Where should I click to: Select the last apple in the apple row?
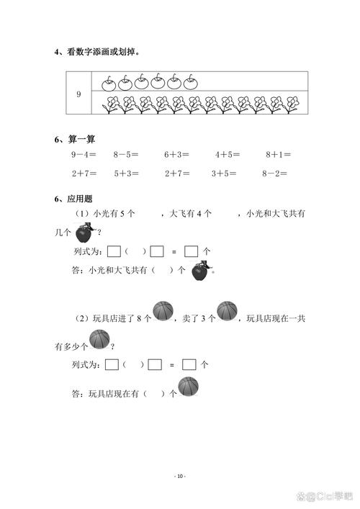coord(190,81)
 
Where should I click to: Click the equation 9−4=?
coord(85,154)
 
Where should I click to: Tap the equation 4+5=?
coord(228,154)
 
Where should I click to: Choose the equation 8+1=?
coord(278,154)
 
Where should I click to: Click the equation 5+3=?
coord(126,173)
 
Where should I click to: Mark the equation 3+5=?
coord(224,173)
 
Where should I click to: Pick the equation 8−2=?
coord(274,173)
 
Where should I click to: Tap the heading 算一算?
coord(79,138)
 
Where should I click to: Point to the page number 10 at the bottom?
coord(180,476)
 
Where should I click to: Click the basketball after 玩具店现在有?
coord(188,387)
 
